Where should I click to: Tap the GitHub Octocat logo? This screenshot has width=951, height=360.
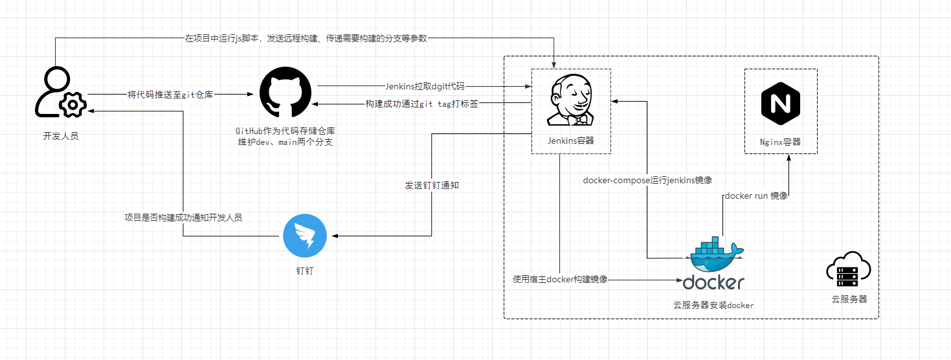(x=285, y=92)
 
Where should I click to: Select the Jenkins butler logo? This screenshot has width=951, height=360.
(x=570, y=100)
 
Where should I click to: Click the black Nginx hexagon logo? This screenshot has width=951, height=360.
(x=780, y=104)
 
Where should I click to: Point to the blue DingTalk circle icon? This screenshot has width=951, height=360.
(x=305, y=236)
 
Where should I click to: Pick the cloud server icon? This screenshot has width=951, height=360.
(x=848, y=269)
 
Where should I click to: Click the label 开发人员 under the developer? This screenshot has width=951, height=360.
(x=61, y=136)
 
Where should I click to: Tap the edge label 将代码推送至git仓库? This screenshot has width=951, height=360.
(x=170, y=95)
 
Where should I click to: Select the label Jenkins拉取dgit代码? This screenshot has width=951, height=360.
(x=425, y=86)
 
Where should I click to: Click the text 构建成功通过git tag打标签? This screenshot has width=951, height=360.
(x=421, y=104)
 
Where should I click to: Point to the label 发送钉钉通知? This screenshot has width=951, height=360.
(x=432, y=185)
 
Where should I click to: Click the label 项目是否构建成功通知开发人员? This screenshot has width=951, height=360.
(x=183, y=218)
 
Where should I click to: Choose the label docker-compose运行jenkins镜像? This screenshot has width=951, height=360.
(x=647, y=180)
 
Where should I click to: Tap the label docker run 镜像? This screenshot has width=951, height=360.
(x=755, y=196)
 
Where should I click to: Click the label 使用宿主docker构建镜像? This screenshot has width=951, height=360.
(x=560, y=279)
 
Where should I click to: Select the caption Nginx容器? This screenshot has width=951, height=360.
(x=780, y=142)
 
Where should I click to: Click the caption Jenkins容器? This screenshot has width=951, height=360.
(x=570, y=141)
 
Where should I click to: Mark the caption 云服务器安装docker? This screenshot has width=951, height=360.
(x=713, y=305)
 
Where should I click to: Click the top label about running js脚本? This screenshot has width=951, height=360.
(x=306, y=38)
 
